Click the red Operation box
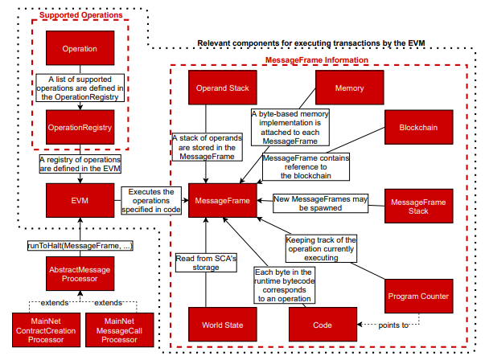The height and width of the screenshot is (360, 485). click(x=79, y=48)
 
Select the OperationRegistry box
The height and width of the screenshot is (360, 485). click(x=79, y=127)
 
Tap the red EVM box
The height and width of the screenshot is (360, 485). click(x=79, y=198)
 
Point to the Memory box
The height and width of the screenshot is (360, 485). click(x=348, y=88)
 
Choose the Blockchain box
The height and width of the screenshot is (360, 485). click(x=417, y=128)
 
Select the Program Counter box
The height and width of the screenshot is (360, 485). click(x=417, y=297)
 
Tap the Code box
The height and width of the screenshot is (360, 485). click(x=322, y=324)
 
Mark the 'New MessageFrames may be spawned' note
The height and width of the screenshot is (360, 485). click(x=319, y=202)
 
